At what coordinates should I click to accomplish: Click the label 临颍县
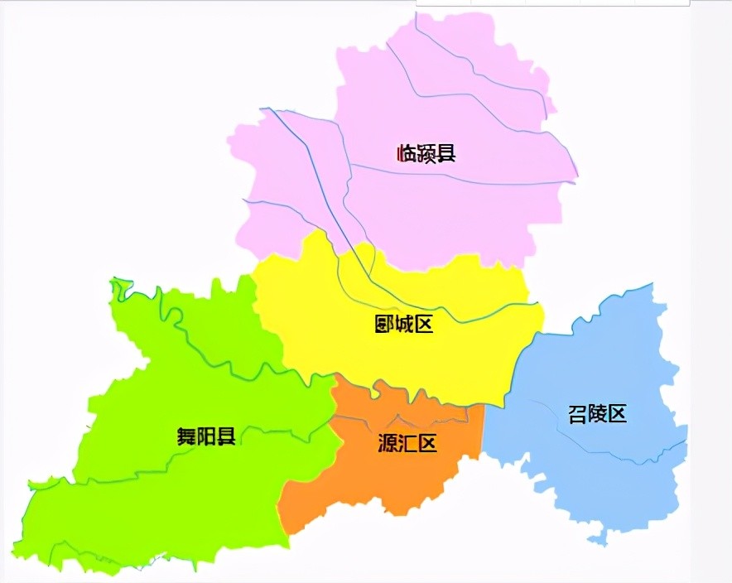click(x=426, y=153)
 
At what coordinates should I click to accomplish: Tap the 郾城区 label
click(x=404, y=324)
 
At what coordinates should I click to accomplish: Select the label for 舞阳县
click(x=206, y=436)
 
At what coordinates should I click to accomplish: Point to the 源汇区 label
click(x=407, y=443)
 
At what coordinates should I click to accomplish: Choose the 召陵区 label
click(x=597, y=414)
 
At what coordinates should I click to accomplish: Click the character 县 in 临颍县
click(x=445, y=153)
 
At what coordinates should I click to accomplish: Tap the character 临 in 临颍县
click(x=407, y=153)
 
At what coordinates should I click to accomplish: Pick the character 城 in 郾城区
click(x=404, y=324)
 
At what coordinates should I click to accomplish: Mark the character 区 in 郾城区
click(x=423, y=324)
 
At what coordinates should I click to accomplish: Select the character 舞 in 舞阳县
click(x=186, y=436)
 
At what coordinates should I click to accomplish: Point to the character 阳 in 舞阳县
click(x=206, y=436)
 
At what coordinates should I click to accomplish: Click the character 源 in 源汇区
click(x=387, y=443)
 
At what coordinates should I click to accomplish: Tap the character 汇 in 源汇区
click(x=407, y=443)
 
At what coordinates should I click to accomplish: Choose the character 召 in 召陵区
click(x=577, y=414)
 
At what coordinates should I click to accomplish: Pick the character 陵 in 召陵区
click(x=597, y=414)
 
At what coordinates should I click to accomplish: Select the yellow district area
click(x=464, y=356)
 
